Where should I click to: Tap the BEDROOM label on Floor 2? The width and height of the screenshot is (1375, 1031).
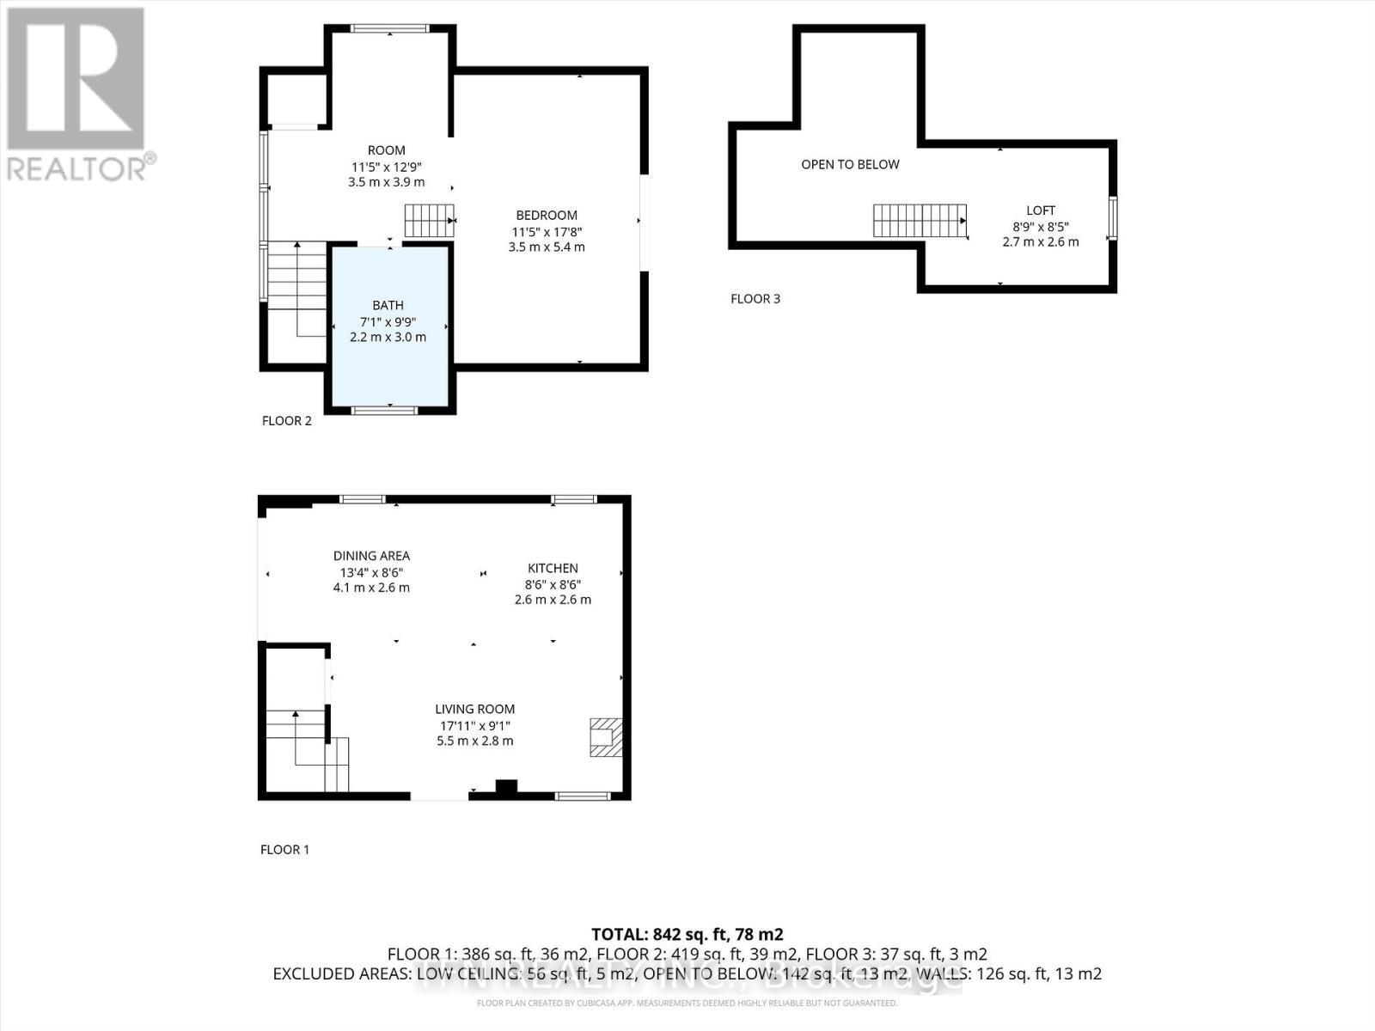tap(547, 215)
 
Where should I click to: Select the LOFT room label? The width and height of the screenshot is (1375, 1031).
tap(1040, 210)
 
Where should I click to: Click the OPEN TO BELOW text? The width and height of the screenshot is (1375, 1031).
tap(850, 164)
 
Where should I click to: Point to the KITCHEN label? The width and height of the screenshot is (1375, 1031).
tap(553, 568)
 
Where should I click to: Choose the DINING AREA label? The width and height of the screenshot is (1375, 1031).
tap(371, 556)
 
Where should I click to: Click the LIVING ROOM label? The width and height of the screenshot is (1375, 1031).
tap(474, 709)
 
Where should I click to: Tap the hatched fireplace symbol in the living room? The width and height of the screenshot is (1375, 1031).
tap(606, 737)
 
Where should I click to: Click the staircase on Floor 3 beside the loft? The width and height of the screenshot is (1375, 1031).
tap(920, 221)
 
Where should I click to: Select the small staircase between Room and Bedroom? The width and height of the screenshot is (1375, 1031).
tap(429, 221)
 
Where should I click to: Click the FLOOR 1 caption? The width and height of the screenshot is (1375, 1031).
tap(284, 850)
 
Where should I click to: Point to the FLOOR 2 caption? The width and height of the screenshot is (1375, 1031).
tap(286, 420)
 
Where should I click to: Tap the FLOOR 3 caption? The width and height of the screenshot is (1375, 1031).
tap(755, 299)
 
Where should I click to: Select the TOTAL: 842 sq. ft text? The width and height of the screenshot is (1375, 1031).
tap(687, 934)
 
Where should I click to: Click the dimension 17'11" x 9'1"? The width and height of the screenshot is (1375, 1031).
tap(474, 725)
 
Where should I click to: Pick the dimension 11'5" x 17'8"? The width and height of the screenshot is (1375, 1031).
tap(547, 231)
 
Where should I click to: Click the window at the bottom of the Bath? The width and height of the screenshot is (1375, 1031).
tap(384, 411)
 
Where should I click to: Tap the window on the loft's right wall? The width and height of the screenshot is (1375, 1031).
tap(1113, 218)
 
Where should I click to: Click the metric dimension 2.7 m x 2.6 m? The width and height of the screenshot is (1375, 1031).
tap(1040, 242)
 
